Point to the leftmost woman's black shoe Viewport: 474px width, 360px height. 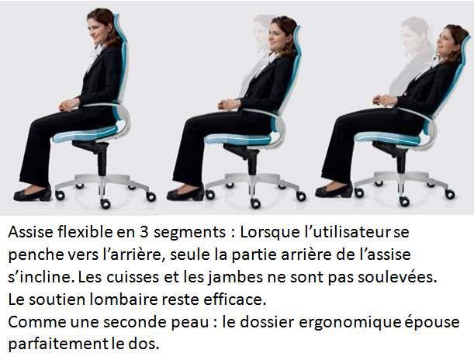point(32,194)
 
